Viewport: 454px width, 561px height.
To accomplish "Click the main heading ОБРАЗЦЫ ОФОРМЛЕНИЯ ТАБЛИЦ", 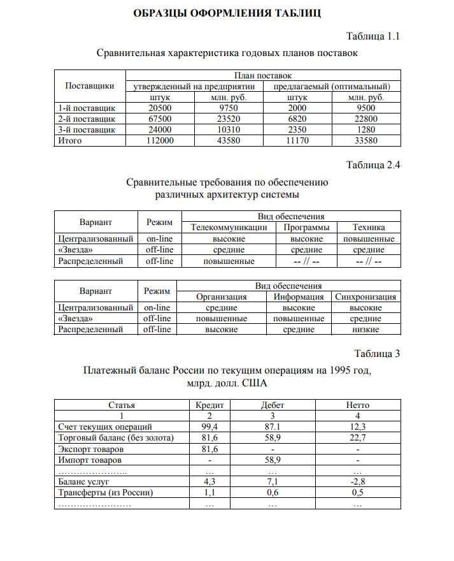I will tap(227, 13).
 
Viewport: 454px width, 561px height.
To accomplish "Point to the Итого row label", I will tap(70, 141).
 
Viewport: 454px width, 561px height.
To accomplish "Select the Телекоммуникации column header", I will tap(229, 228).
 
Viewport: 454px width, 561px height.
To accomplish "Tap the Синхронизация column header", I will tap(365, 297).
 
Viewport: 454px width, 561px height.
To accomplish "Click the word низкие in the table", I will tap(365, 330).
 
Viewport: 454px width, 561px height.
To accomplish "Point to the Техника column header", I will tap(369, 228).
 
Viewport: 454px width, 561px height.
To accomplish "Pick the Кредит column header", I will tap(209, 405).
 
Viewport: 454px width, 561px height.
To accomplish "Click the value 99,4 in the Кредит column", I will tap(209, 426).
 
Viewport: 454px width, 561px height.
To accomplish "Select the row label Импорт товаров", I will tap(90, 460).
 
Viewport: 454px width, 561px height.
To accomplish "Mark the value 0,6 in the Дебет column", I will tap(273, 493).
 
